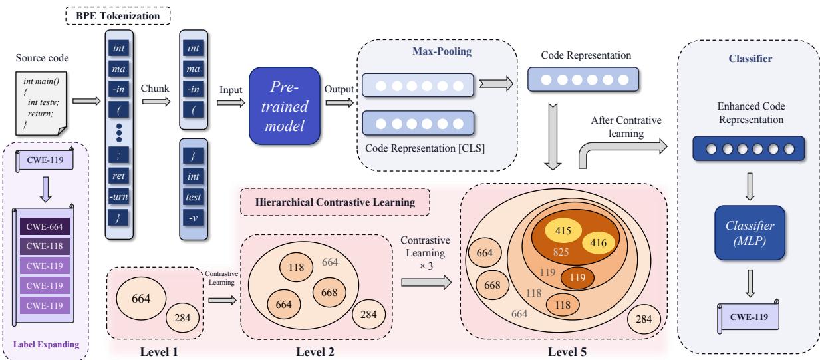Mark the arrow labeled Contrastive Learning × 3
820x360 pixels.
pyautogui.click(x=426, y=283)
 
